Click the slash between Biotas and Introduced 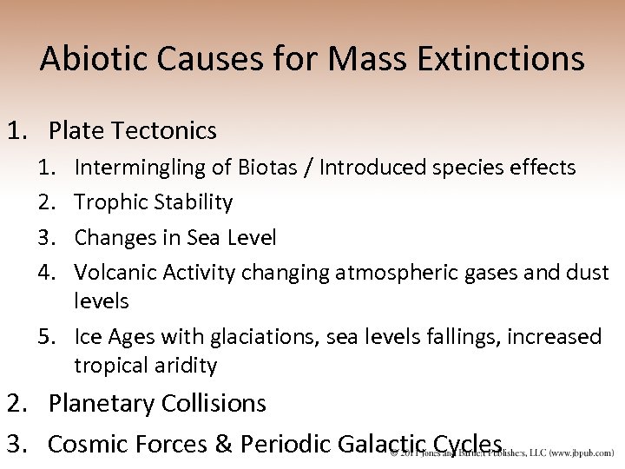tap(308, 167)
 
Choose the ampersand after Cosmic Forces tap(223, 444)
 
